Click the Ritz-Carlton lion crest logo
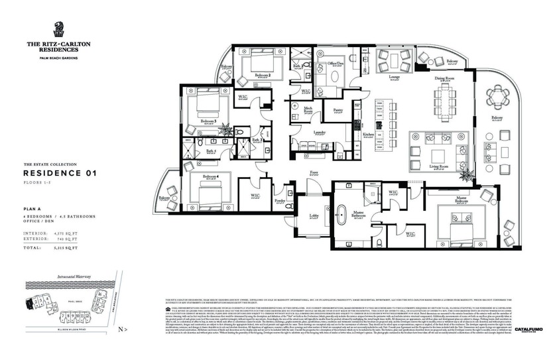tap(58, 29)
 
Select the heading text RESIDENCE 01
tap(60, 173)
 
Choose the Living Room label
tap(439, 166)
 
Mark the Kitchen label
tap(368, 135)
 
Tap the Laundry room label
tap(320, 132)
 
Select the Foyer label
tap(314, 172)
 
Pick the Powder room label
tap(280, 200)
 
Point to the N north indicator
tap(119, 328)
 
